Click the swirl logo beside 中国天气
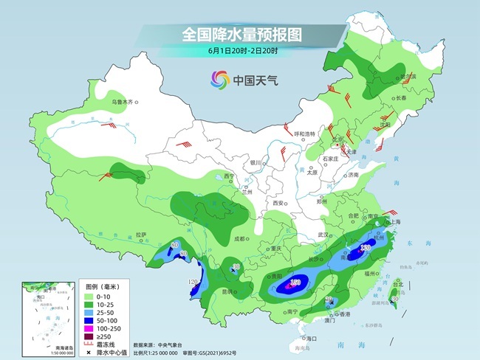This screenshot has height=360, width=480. (220, 79)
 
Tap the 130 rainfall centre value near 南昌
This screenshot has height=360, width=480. (365, 249)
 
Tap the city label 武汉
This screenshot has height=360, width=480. (322, 234)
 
